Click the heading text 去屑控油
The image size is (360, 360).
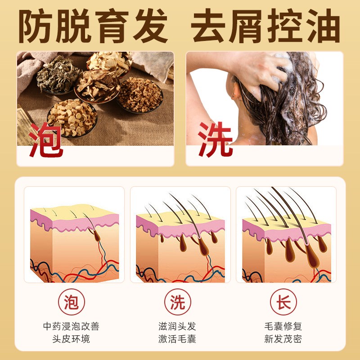[265, 27]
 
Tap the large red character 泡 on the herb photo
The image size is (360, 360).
[46, 139]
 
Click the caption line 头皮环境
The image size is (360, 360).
[71, 338]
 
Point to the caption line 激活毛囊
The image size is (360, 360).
[177, 338]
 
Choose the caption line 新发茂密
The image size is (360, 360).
[283, 338]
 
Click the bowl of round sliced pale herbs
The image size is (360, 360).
[72, 117]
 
